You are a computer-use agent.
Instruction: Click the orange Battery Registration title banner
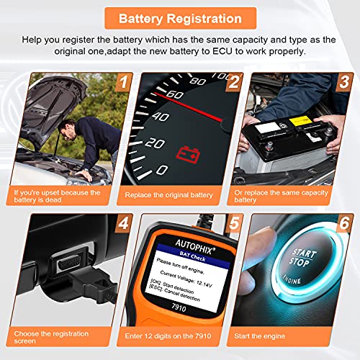click(181, 19)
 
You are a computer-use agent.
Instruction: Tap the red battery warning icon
click(188, 156)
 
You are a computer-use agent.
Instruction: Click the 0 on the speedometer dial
click(162, 170)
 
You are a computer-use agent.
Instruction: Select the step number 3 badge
click(343, 82)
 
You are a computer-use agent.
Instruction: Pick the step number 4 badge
click(123, 223)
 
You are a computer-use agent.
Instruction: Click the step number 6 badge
click(344, 223)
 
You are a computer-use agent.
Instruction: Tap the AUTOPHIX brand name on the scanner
click(194, 246)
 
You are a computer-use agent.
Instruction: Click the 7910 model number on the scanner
click(179, 307)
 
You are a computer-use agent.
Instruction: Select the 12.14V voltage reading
click(204, 284)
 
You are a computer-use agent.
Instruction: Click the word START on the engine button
click(304, 253)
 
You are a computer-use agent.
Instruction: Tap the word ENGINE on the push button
click(292, 279)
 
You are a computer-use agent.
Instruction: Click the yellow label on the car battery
click(300, 120)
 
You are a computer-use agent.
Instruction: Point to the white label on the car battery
click(267, 127)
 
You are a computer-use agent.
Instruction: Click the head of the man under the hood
click(67, 130)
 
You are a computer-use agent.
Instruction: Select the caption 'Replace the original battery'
click(168, 195)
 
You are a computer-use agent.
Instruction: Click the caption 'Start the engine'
click(260, 336)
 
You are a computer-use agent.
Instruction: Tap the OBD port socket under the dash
click(68, 262)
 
